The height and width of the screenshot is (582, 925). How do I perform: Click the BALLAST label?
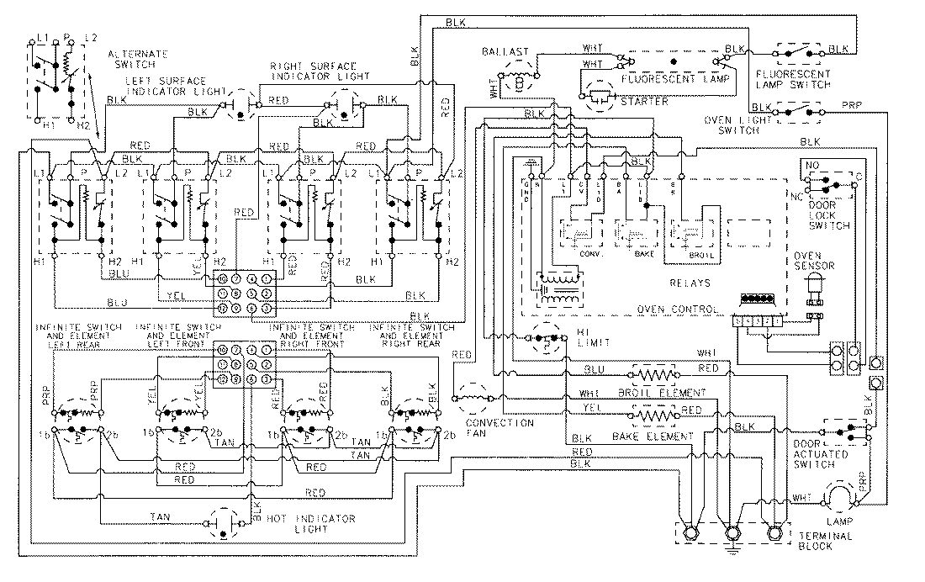pyautogui.click(x=505, y=51)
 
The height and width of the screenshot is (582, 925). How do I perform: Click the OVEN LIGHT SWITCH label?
pyautogui.click(x=738, y=125)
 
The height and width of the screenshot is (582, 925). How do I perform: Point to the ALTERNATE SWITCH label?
pyautogui.click(x=135, y=58)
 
